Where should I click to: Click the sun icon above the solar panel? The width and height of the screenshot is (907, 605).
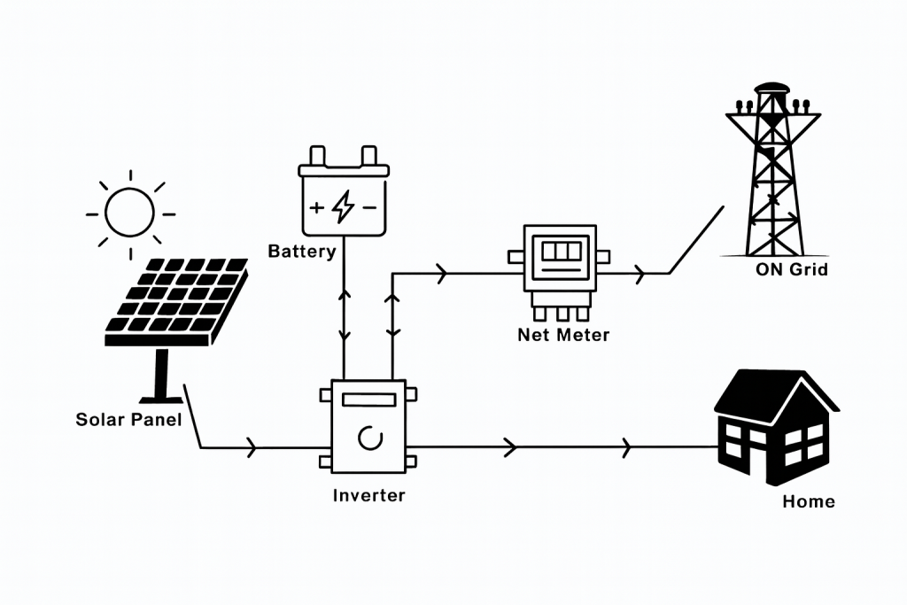[130, 213]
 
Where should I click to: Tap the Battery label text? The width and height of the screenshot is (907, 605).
[302, 252]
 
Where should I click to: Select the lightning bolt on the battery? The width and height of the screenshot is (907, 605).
[344, 206]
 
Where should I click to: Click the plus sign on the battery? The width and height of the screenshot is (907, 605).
[316, 207]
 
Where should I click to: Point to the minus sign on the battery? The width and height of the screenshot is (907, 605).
[370, 207]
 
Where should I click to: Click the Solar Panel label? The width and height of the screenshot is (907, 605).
[128, 419]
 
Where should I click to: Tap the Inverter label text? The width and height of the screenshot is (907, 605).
[369, 495]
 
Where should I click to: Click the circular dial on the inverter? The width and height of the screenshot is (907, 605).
[370, 438]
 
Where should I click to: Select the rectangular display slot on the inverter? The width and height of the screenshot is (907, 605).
[369, 399]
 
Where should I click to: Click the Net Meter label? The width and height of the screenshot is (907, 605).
[563, 335]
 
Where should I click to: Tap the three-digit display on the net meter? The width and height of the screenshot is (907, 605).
[561, 251]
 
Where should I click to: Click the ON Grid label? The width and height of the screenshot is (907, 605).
[792, 269]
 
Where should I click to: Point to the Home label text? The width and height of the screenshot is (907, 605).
[809, 501]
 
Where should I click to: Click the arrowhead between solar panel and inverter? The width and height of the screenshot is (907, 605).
[251, 447]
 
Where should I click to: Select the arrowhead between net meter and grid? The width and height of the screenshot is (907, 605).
[640, 273]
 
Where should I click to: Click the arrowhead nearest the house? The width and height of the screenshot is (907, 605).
[626, 447]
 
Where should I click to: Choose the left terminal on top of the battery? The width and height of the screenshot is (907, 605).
[318, 156]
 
